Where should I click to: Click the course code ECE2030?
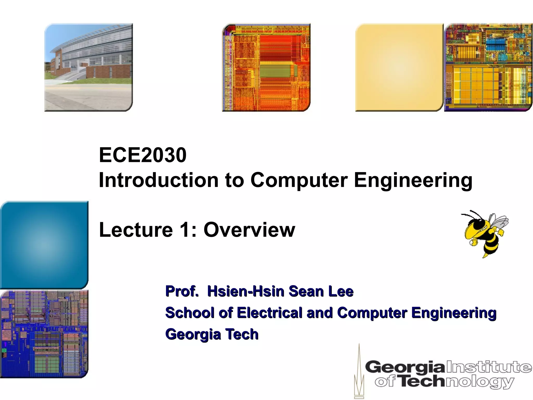[143, 155]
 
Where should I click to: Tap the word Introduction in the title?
[159, 180]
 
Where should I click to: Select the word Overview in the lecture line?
[249, 230]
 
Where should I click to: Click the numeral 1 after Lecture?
[184, 230]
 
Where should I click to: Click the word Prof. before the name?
[182, 291]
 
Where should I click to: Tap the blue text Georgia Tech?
[212, 334]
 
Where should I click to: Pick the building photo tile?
[88, 67]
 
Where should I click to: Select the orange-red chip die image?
[266, 67]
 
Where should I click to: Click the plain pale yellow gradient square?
[399, 67]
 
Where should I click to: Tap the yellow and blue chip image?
[488, 67]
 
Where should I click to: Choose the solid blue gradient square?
[44, 245]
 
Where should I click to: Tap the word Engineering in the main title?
[413, 180]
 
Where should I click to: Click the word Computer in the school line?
[372, 312]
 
